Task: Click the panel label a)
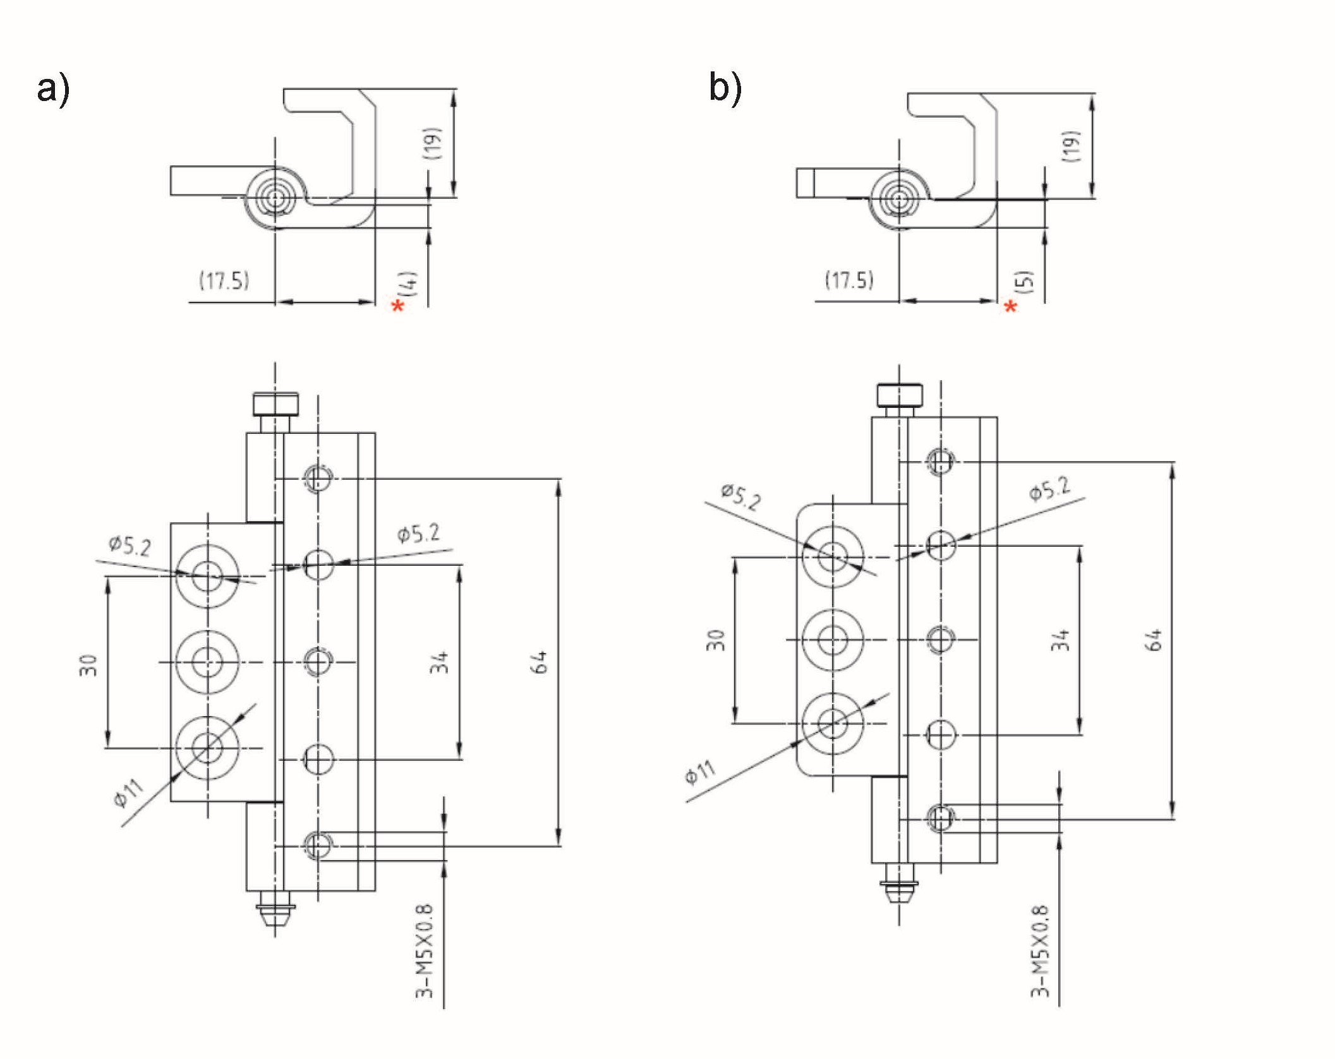(53, 88)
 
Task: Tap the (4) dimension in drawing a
(410, 284)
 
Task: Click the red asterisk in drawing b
(1010, 308)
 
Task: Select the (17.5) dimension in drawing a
(224, 280)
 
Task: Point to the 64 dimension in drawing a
(541, 662)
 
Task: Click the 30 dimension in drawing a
(89, 665)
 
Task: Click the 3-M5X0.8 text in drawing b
(1040, 951)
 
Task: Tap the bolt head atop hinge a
(275, 404)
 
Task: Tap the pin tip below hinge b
(899, 892)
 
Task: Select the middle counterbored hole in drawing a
(207, 662)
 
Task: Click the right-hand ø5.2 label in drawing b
(1049, 489)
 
